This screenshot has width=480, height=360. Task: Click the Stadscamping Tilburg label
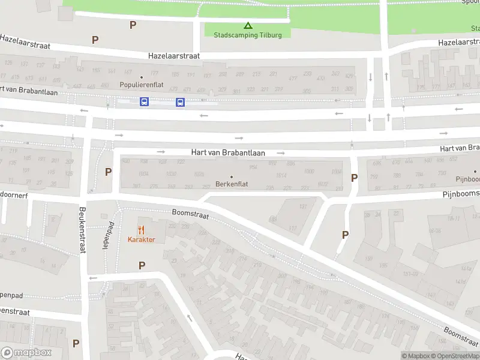pyautogui.click(x=248, y=34)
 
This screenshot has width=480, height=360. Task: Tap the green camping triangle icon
pyautogui.click(x=248, y=25)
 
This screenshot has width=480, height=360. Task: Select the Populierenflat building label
pyautogui.click(x=142, y=85)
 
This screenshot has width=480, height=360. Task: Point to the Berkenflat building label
pyautogui.click(x=232, y=184)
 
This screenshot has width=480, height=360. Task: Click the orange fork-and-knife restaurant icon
pyautogui.click(x=141, y=230)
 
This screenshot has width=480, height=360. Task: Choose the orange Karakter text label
pyautogui.click(x=141, y=239)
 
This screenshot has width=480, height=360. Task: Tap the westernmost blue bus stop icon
pyautogui.click(x=145, y=102)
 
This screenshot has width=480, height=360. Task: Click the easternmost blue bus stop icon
pyautogui.click(x=180, y=102)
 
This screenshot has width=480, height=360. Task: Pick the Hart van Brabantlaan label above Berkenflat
pyautogui.click(x=228, y=153)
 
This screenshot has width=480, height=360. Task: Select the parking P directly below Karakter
pyautogui.click(x=142, y=265)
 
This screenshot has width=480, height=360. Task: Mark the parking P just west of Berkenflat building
pyautogui.click(x=108, y=172)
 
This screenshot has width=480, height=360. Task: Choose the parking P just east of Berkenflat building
pyautogui.click(x=354, y=178)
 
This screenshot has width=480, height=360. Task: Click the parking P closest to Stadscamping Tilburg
pyautogui.click(x=133, y=25)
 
